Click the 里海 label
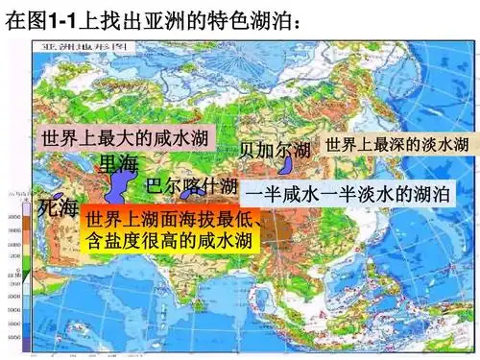[119, 163]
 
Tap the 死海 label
[58, 207]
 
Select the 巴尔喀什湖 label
[192, 184]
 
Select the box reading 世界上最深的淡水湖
[396, 145]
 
